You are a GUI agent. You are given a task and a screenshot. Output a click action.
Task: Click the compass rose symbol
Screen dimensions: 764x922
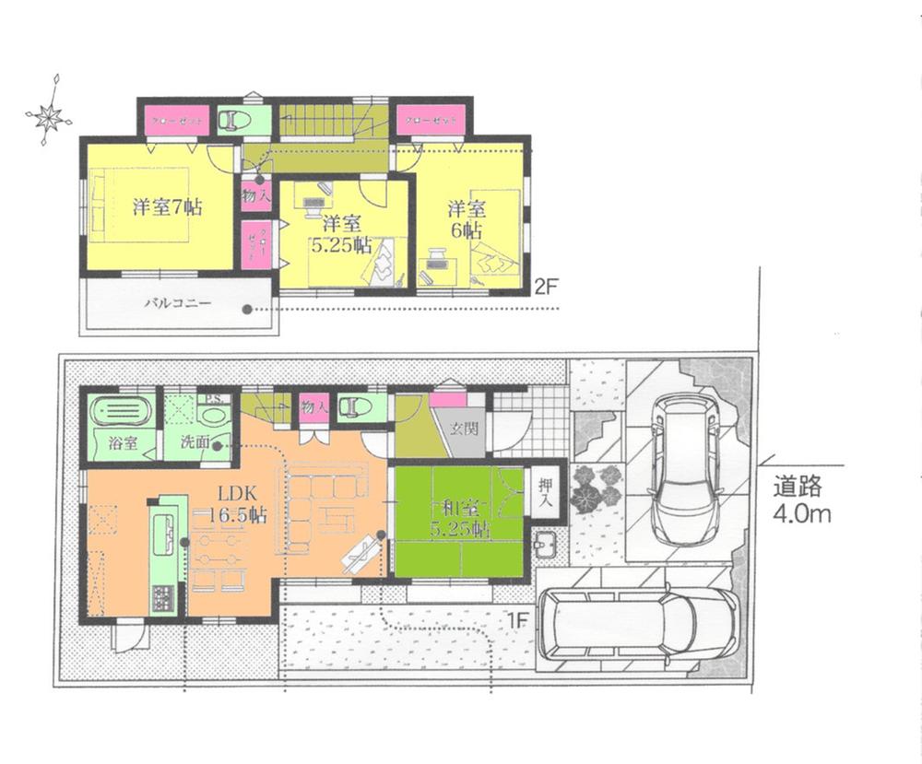tap(49, 116)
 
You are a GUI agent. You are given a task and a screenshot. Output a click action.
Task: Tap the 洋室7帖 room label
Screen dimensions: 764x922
tap(166, 206)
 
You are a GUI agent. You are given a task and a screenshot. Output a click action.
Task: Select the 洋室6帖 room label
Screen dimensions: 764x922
tap(467, 218)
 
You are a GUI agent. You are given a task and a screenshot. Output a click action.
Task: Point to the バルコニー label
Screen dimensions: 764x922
tap(177, 302)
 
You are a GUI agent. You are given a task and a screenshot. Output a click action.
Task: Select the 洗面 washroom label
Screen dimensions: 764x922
tap(195, 442)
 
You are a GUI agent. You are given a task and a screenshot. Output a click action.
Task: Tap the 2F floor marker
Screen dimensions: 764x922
tap(547, 286)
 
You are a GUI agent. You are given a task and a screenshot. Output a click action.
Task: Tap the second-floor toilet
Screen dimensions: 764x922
tap(234, 120)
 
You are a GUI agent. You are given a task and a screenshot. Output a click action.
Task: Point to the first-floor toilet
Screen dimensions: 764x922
tap(356, 406)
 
